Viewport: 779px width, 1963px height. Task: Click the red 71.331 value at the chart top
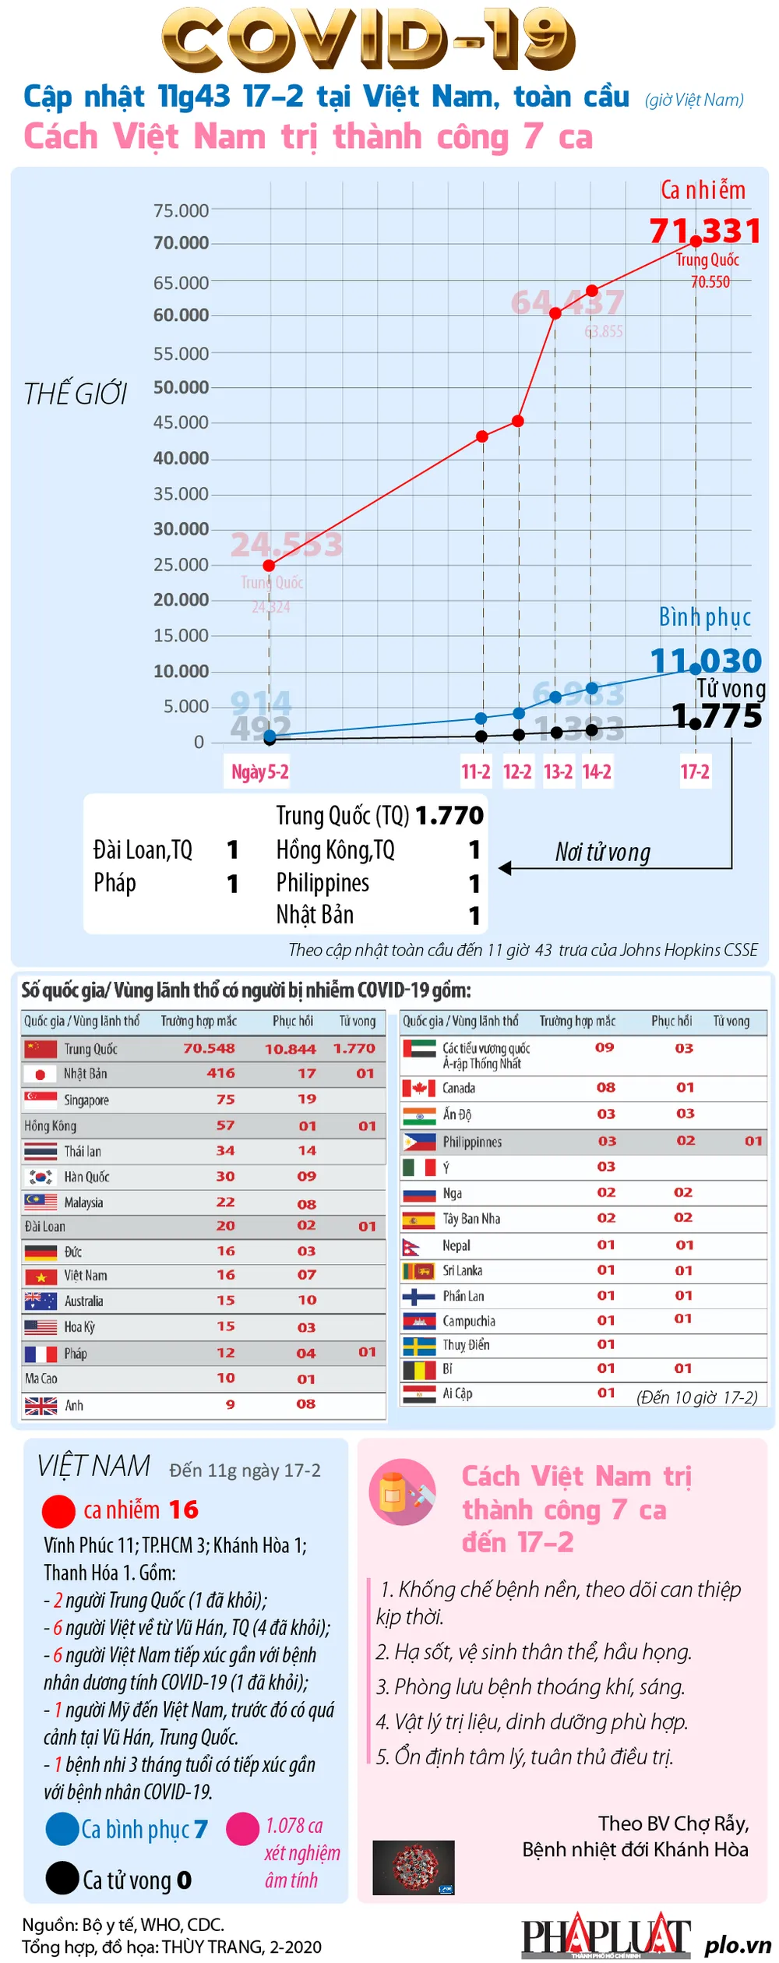704,231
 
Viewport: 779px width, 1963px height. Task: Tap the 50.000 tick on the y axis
181,387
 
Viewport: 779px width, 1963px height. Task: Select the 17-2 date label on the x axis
695,771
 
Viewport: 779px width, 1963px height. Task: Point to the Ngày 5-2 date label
259,771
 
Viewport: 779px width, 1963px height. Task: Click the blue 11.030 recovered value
706,661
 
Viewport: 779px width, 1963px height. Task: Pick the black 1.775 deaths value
717,716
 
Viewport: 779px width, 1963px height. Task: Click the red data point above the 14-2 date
592,291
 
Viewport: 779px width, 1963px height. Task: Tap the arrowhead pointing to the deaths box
505,868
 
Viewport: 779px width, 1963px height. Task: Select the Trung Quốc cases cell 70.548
209,1048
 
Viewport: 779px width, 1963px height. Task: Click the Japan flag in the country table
40,1074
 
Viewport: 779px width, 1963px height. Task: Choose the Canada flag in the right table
418,1088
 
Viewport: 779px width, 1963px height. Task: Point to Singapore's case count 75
225,1100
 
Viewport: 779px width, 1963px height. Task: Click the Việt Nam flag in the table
41,1276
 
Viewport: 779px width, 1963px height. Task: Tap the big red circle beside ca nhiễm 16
58,1511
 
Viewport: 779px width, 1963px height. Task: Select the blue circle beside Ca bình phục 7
62,1829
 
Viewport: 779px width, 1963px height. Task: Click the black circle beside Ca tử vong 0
62,1878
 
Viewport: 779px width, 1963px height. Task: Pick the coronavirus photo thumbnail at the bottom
413,1868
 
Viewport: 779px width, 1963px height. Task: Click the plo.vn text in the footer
737,1944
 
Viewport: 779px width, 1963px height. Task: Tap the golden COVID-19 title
368,39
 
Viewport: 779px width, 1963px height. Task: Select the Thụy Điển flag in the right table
418,1346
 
